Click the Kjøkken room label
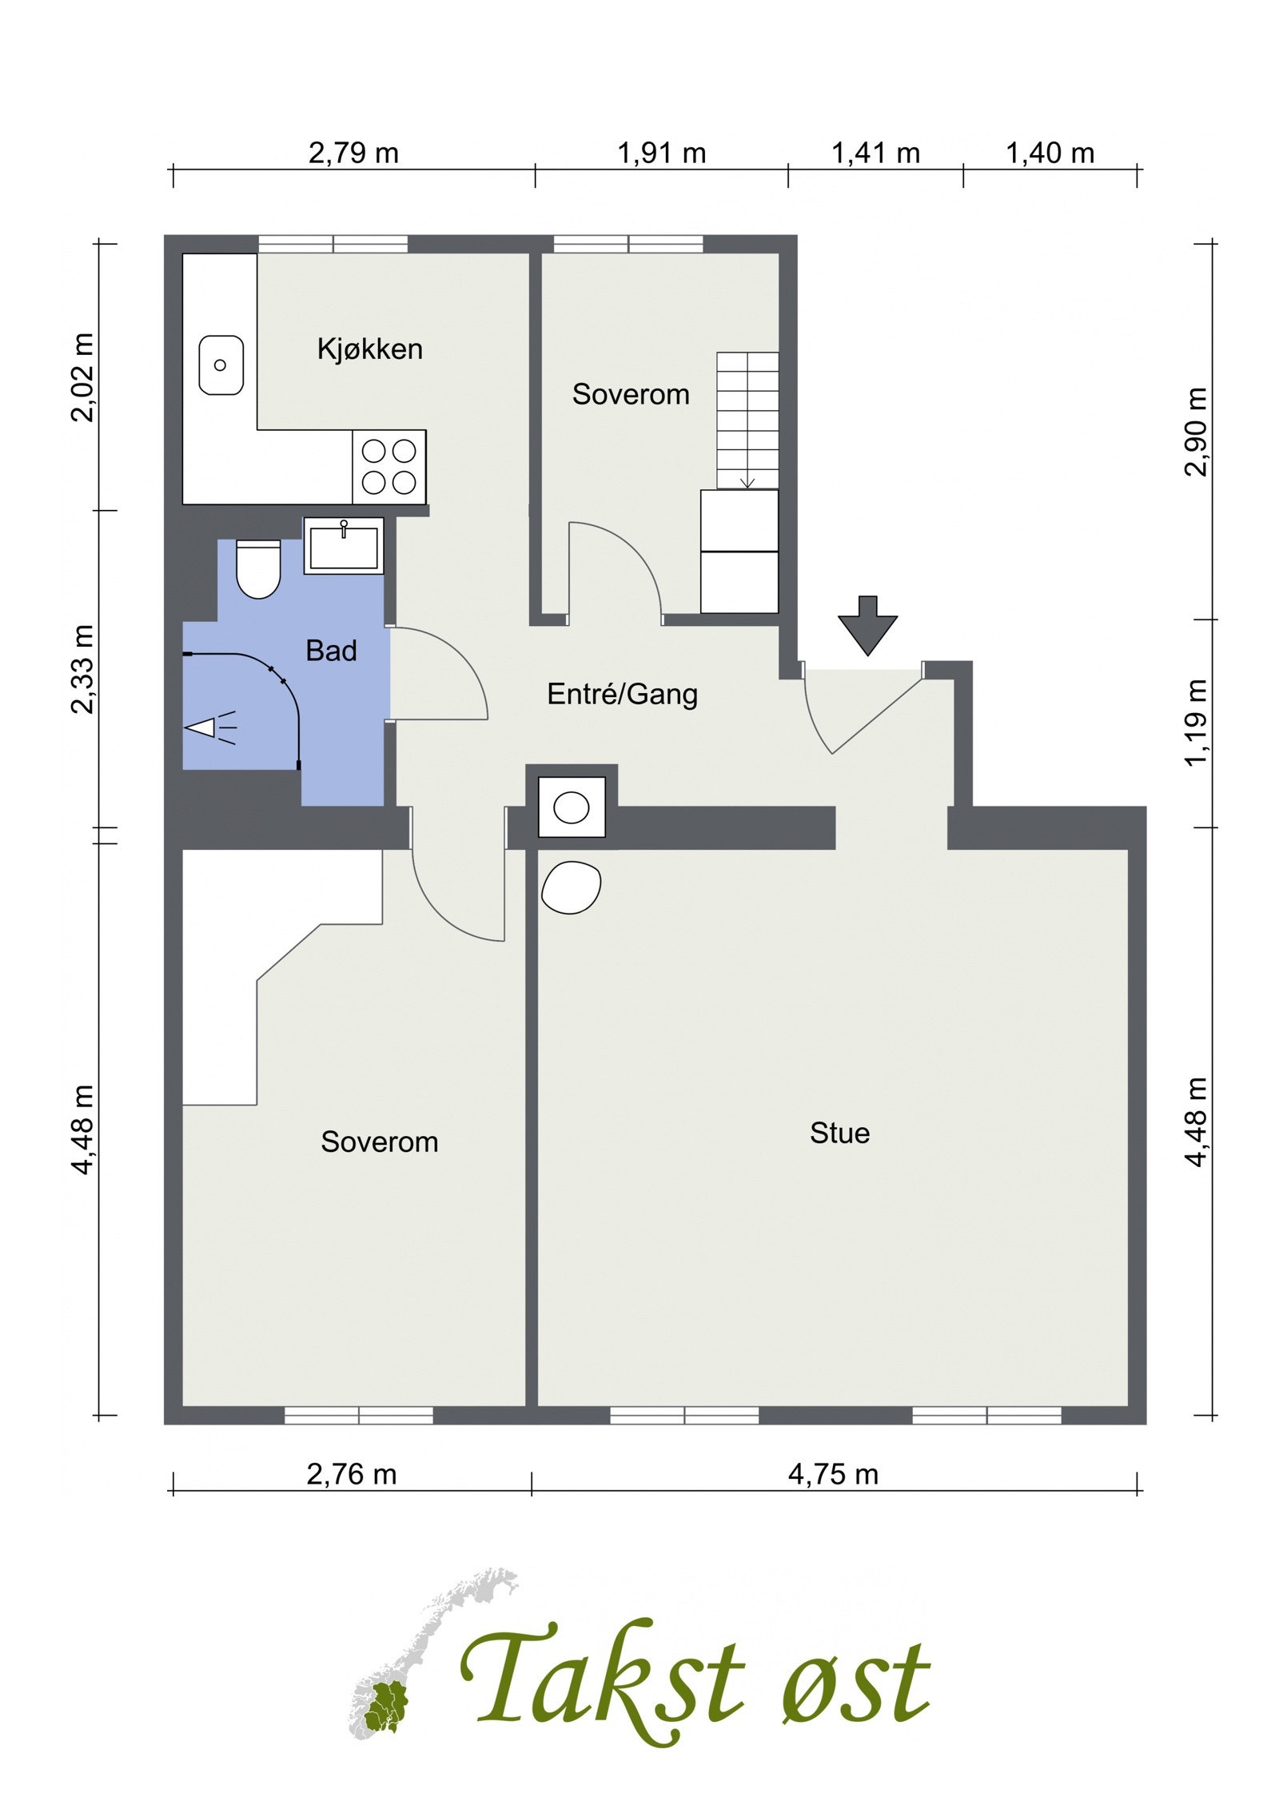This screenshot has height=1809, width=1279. pyautogui.click(x=369, y=349)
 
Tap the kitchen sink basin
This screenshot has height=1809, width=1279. pyautogui.click(x=221, y=365)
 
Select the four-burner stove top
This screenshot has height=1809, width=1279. pyautogui.click(x=389, y=467)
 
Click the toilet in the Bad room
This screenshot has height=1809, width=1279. pyautogui.click(x=259, y=569)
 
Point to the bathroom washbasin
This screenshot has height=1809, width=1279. pyautogui.click(x=344, y=545)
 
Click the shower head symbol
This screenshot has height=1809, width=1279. pyautogui.click(x=209, y=727)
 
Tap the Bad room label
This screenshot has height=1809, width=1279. pyautogui.click(x=331, y=651)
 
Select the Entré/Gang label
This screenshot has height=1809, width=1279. pyautogui.click(x=622, y=694)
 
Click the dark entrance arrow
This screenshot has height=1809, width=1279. pyautogui.click(x=867, y=625)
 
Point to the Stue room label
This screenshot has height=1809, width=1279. pyautogui.click(x=839, y=1133)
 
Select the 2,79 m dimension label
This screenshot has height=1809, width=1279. pyautogui.click(x=353, y=153)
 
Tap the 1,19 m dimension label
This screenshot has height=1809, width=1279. pyautogui.click(x=1196, y=723)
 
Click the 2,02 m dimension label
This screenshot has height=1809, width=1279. pyautogui.click(x=82, y=377)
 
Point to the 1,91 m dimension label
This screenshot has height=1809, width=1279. pyautogui.click(x=661, y=153)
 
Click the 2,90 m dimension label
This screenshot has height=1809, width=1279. pyautogui.click(x=1196, y=432)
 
